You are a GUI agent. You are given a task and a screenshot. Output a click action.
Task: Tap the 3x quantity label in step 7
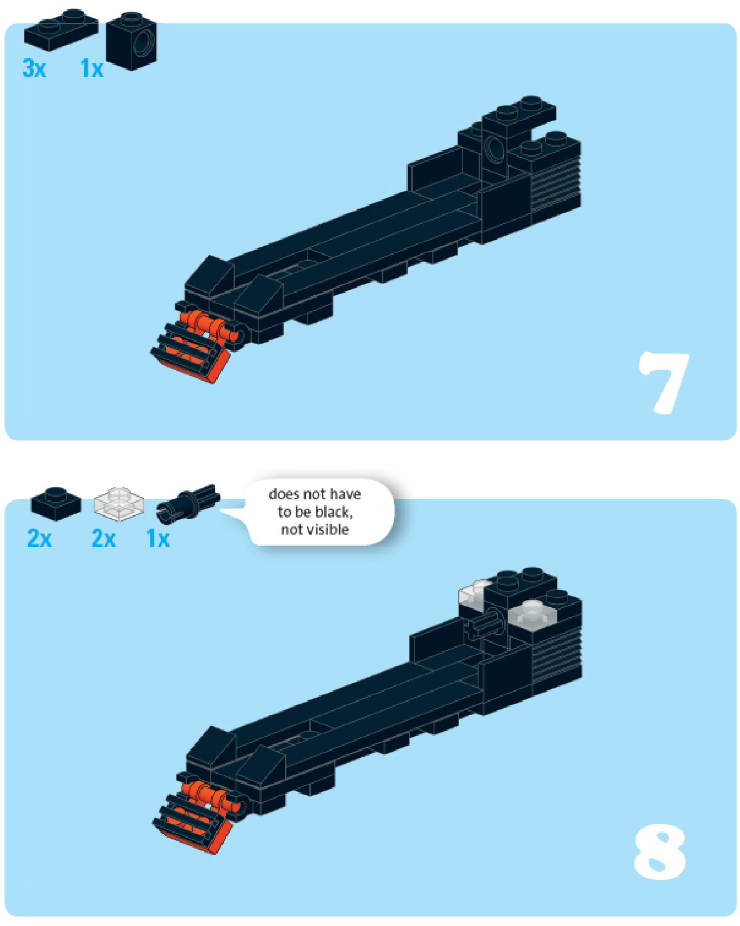coord(34,69)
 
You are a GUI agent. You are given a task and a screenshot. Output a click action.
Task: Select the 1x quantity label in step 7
coord(91,69)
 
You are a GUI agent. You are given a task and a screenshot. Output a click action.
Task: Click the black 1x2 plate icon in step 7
coord(61,30)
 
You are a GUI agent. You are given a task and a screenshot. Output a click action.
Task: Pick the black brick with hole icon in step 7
coord(132,41)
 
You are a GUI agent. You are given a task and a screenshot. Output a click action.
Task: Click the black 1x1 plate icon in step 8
coord(56,504)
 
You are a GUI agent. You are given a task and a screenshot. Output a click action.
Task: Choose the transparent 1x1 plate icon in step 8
coord(119,504)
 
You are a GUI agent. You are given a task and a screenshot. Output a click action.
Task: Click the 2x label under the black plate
coord(40,539)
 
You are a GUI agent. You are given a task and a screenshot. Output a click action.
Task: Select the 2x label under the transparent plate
coord(104,539)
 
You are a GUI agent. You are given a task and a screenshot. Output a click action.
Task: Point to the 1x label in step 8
coord(158,539)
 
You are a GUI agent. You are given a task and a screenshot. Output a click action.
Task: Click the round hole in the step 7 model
coord(495,148)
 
